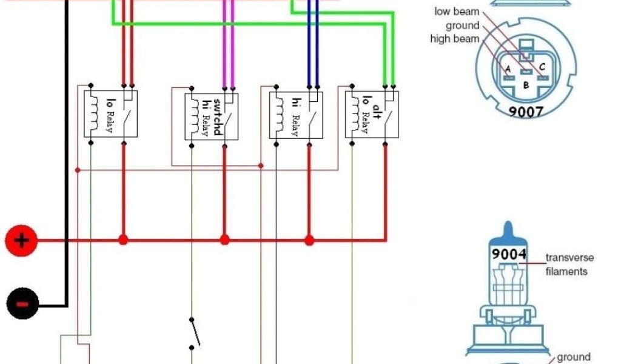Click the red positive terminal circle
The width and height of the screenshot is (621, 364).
[x=21, y=241]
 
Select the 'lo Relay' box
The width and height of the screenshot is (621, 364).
[x=110, y=113]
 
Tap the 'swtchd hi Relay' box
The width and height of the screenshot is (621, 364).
[x=211, y=116]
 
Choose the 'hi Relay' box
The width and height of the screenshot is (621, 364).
[x=296, y=115]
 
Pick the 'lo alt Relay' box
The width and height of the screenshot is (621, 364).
[x=372, y=115]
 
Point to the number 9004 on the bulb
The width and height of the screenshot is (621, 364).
[x=508, y=254]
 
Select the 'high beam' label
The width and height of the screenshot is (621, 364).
[x=454, y=39]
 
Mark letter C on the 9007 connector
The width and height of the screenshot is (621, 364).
[x=542, y=67]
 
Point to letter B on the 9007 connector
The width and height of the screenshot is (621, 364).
[x=525, y=86]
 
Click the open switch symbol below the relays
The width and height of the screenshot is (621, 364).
[x=193, y=332]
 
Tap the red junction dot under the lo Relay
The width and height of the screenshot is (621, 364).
[x=124, y=240]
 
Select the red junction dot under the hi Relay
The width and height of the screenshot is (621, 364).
[x=309, y=240]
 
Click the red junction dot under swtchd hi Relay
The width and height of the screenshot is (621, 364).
[x=224, y=240]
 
